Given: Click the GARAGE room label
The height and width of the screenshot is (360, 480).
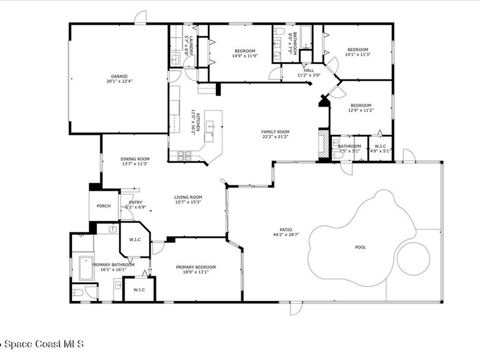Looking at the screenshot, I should click(119, 76).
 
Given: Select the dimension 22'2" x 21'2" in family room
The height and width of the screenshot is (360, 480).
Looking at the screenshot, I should click(275, 137).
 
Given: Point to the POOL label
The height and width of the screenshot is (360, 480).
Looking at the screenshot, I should click(360, 247).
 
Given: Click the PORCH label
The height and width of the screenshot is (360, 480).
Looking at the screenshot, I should click(104, 206).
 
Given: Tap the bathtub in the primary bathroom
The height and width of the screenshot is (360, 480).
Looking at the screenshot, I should click(86, 268).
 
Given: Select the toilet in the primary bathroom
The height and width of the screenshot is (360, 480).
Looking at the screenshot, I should click(78, 293).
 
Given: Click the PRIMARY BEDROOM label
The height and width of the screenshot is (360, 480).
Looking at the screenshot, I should click(196, 267).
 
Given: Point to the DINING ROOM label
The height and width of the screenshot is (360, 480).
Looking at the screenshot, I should click(135, 159).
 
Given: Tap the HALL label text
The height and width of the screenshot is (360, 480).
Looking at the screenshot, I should click(308, 70).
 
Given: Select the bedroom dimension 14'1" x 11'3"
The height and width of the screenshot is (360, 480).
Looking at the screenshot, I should click(357, 54).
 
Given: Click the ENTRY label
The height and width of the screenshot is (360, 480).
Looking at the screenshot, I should click(135, 202).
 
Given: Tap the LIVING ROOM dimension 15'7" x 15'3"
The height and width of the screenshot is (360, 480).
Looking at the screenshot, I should click(188, 202).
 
